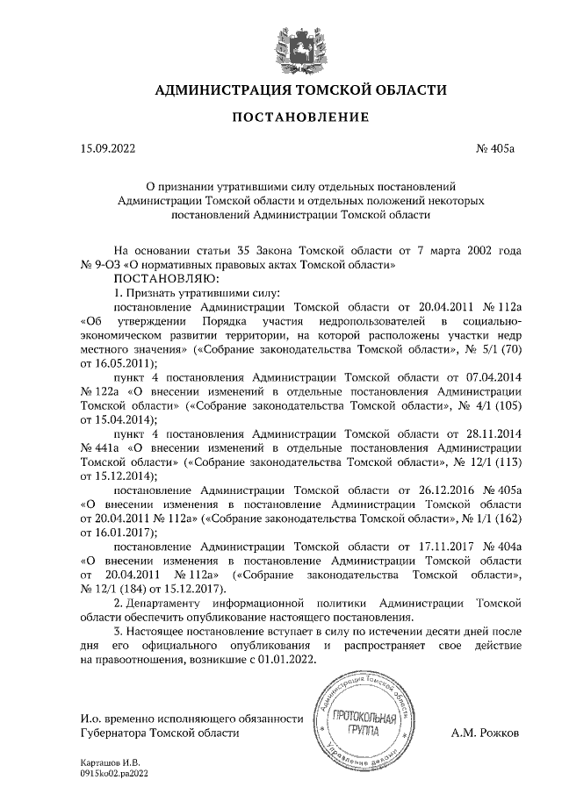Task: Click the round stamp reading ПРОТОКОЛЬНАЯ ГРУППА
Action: tap(363, 726)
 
